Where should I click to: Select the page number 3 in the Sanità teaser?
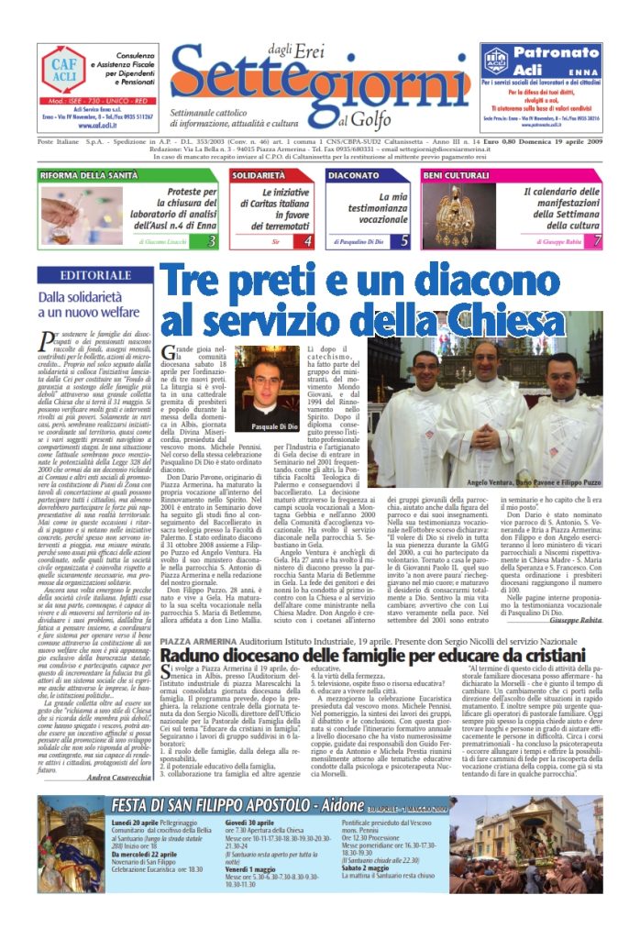211,241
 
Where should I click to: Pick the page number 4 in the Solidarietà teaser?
307,241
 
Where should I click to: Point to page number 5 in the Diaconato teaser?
404,241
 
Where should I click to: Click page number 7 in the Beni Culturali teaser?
597,241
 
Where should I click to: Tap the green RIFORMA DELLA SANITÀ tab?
90,174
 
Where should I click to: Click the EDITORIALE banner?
94,275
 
